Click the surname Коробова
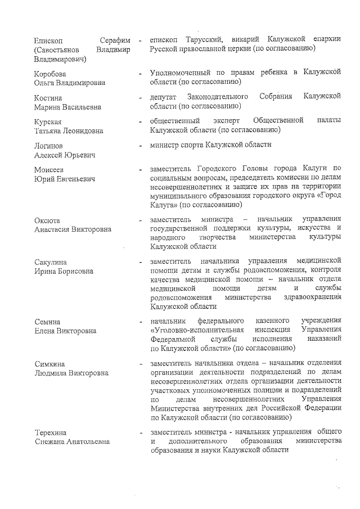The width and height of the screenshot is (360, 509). pyautogui.click(x=49, y=74)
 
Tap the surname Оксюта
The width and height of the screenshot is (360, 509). pyautogui.click(x=47, y=220)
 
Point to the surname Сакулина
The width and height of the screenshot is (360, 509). pyautogui.click(x=50, y=263)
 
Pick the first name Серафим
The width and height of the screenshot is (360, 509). pyautogui.click(x=115, y=40)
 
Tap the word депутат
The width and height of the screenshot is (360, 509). pyautogui.click(x=165, y=97)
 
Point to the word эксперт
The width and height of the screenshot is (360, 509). pyautogui.click(x=226, y=121)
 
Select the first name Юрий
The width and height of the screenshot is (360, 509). pyautogui.click(x=43, y=179)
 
